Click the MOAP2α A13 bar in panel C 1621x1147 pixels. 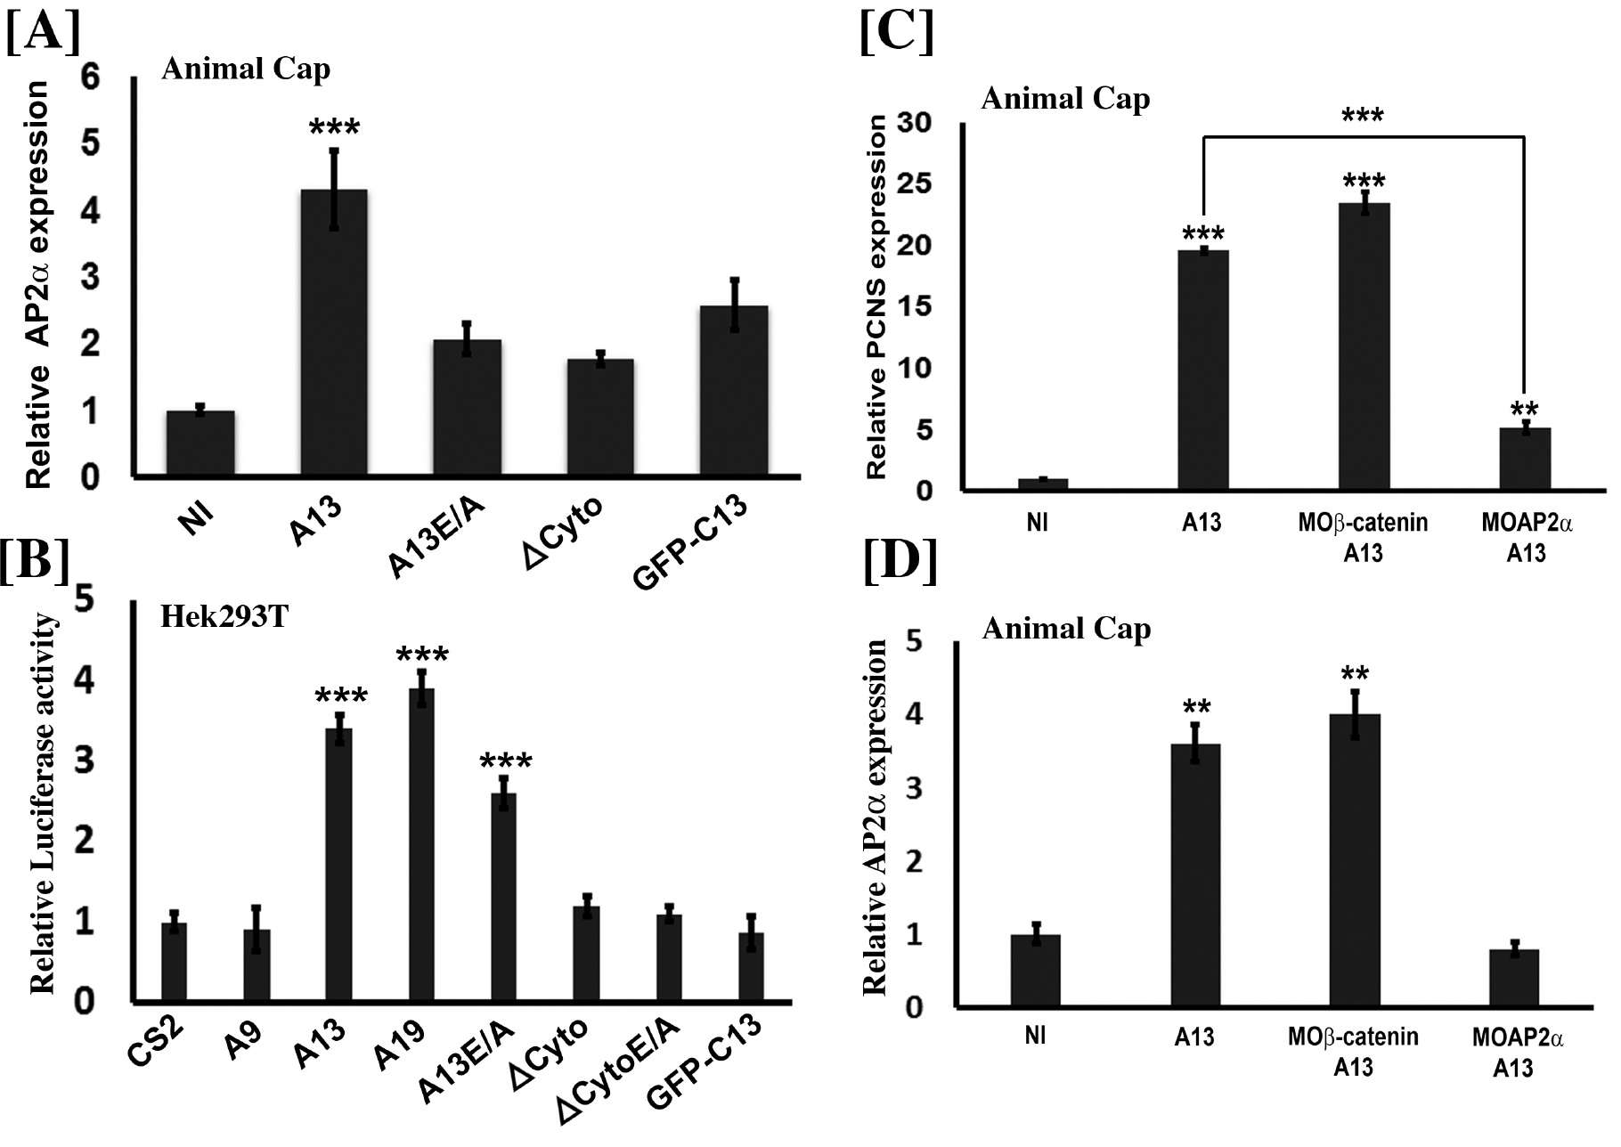point(1525,459)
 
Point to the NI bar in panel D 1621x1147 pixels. point(1036,972)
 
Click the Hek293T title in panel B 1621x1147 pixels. point(224,616)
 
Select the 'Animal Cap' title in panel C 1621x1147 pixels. point(1065,98)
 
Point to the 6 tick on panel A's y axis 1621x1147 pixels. point(92,77)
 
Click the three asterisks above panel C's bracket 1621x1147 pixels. point(1363,117)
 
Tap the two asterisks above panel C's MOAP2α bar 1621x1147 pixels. point(1525,411)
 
